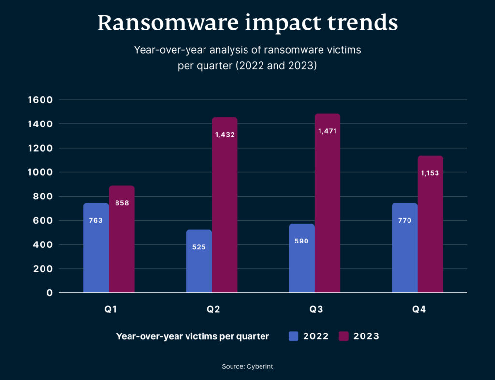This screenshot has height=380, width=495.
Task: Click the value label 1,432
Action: pyautogui.click(x=225, y=135)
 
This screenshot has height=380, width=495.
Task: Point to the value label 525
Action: pyautogui.click(x=199, y=247)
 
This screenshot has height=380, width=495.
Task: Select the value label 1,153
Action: pyautogui.click(x=430, y=173)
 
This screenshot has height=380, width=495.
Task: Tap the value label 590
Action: pyautogui.click(x=302, y=241)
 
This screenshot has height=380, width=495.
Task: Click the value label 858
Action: pyautogui.click(x=122, y=203)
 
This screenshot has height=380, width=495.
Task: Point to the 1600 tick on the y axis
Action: pyautogui.click(x=42, y=100)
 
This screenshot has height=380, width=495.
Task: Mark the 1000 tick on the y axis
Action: pyautogui.click(x=42, y=172)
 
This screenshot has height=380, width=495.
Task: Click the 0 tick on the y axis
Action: pyautogui.click(x=49, y=293)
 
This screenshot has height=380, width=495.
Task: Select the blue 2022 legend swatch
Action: pyautogui.click(x=293, y=336)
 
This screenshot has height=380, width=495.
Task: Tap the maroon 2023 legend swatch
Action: pyautogui.click(x=344, y=336)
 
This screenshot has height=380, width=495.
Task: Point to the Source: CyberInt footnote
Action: pyautogui.click(x=247, y=366)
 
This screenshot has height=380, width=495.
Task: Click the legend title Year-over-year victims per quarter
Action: pyautogui.click(x=192, y=336)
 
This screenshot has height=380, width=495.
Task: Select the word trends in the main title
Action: pyautogui.click(x=364, y=23)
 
